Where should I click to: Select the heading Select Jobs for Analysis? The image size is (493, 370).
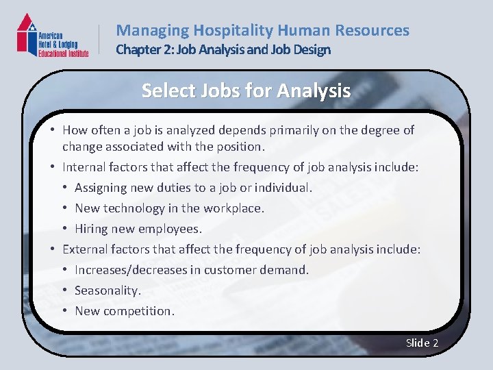[x=246, y=90]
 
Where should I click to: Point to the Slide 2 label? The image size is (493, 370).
[x=422, y=343]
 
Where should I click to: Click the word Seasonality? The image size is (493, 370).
[x=108, y=290]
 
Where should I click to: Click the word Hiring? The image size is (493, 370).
[x=92, y=228]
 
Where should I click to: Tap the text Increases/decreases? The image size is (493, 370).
[x=131, y=269]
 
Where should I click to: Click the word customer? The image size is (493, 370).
[x=229, y=269]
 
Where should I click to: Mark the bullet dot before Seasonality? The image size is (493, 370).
[x=64, y=291]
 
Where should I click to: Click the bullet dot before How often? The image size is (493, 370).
[x=52, y=129]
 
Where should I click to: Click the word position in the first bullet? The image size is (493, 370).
[x=238, y=146]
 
